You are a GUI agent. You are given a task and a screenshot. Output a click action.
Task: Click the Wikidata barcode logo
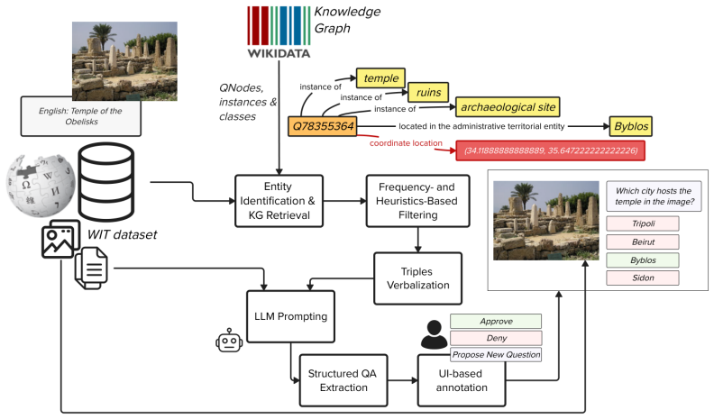[x=279, y=32]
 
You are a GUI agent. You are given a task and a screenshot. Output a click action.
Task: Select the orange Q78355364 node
[x=323, y=126]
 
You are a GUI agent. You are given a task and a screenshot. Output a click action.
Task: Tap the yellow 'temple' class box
[x=380, y=77]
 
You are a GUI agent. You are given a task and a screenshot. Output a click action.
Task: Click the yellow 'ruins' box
[x=428, y=92]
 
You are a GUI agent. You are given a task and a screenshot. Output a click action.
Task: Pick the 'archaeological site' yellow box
[x=508, y=107]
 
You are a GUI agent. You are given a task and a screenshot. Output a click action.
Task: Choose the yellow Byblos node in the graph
[x=631, y=126]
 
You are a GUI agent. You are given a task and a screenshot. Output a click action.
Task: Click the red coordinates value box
[x=551, y=150]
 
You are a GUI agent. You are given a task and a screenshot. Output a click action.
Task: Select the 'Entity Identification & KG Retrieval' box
[x=279, y=201]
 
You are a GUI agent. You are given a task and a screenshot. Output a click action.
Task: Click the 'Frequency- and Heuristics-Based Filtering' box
[x=417, y=201]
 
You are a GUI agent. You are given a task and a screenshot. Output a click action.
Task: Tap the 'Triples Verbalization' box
[x=417, y=278]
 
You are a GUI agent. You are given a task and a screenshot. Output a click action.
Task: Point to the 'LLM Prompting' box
[x=290, y=316]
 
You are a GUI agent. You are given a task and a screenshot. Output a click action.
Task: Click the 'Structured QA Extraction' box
[x=343, y=380]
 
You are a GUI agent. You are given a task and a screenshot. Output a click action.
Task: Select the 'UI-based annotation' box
[x=462, y=380]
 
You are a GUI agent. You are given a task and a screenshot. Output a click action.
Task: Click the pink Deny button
[x=496, y=338]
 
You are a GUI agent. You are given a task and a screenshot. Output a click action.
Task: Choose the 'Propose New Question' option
[x=496, y=354]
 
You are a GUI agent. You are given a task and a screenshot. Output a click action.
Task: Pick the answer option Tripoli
[x=643, y=223]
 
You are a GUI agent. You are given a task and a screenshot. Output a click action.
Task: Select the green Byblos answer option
[x=643, y=260]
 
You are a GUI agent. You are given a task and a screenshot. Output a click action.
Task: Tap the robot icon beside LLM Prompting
[x=229, y=341]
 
